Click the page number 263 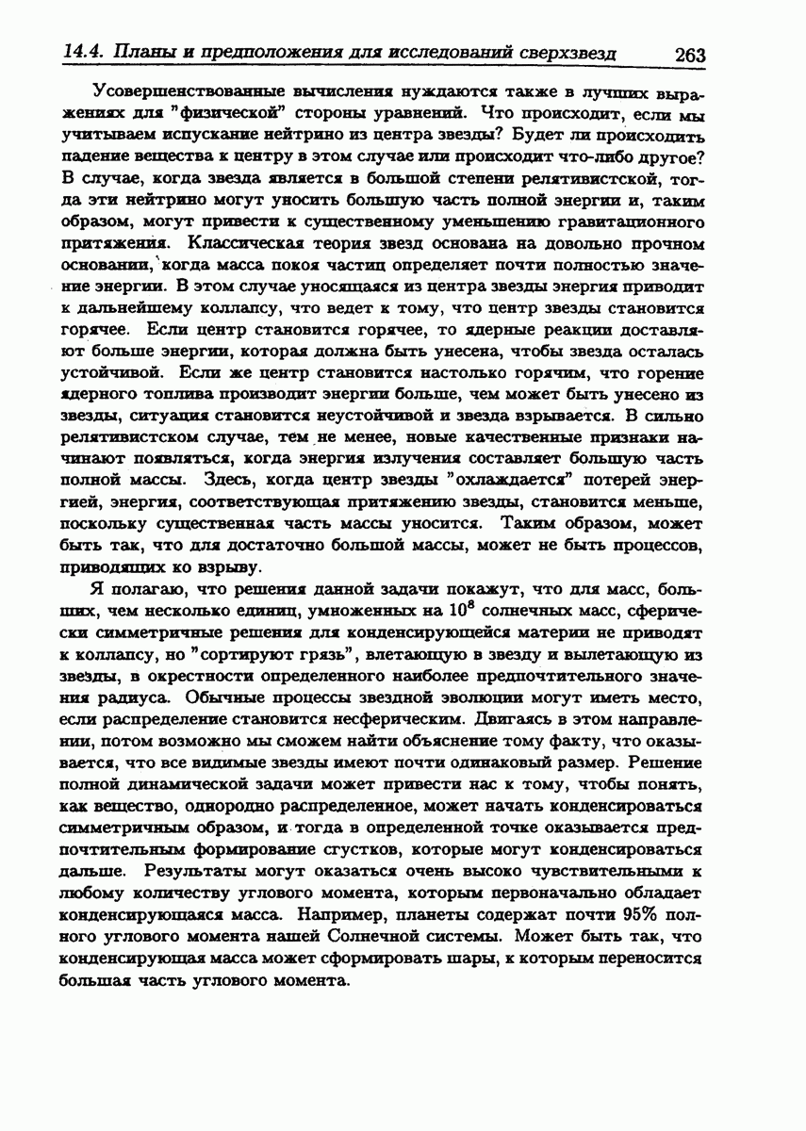[x=690, y=55]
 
